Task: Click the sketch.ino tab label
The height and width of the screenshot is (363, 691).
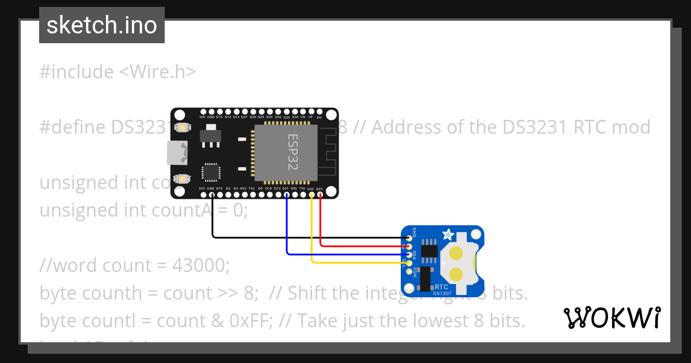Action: pyautogui.click(x=102, y=25)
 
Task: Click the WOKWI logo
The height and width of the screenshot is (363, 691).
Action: pyautogui.click(x=612, y=317)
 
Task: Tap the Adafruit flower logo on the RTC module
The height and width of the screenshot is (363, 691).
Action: pyautogui.click(x=447, y=235)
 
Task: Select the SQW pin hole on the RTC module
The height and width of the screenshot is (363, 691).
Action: pyautogui.click(x=409, y=271)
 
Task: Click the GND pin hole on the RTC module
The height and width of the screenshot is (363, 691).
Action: pyautogui.click(x=409, y=237)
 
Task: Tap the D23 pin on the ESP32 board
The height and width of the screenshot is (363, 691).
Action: pyautogui.click(x=320, y=195)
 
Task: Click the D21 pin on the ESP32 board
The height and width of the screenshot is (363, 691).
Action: pyautogui.click(x=287, y=195)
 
